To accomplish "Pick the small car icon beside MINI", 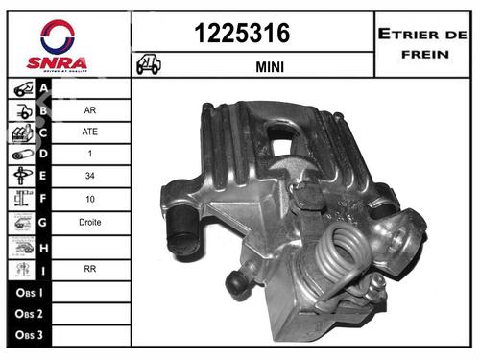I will click(x=150, y=65).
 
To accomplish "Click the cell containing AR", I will click(x=89, y=109).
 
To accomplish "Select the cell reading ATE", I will click(x=89, y=132).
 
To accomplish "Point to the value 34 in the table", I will click(x=89, y=177).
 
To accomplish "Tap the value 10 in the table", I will click(x=89, y=199).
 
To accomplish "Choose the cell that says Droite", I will click(x=89, y=222).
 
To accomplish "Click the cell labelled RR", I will click(x=89, y=268).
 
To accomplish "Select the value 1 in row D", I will click(x=89, y=154).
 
